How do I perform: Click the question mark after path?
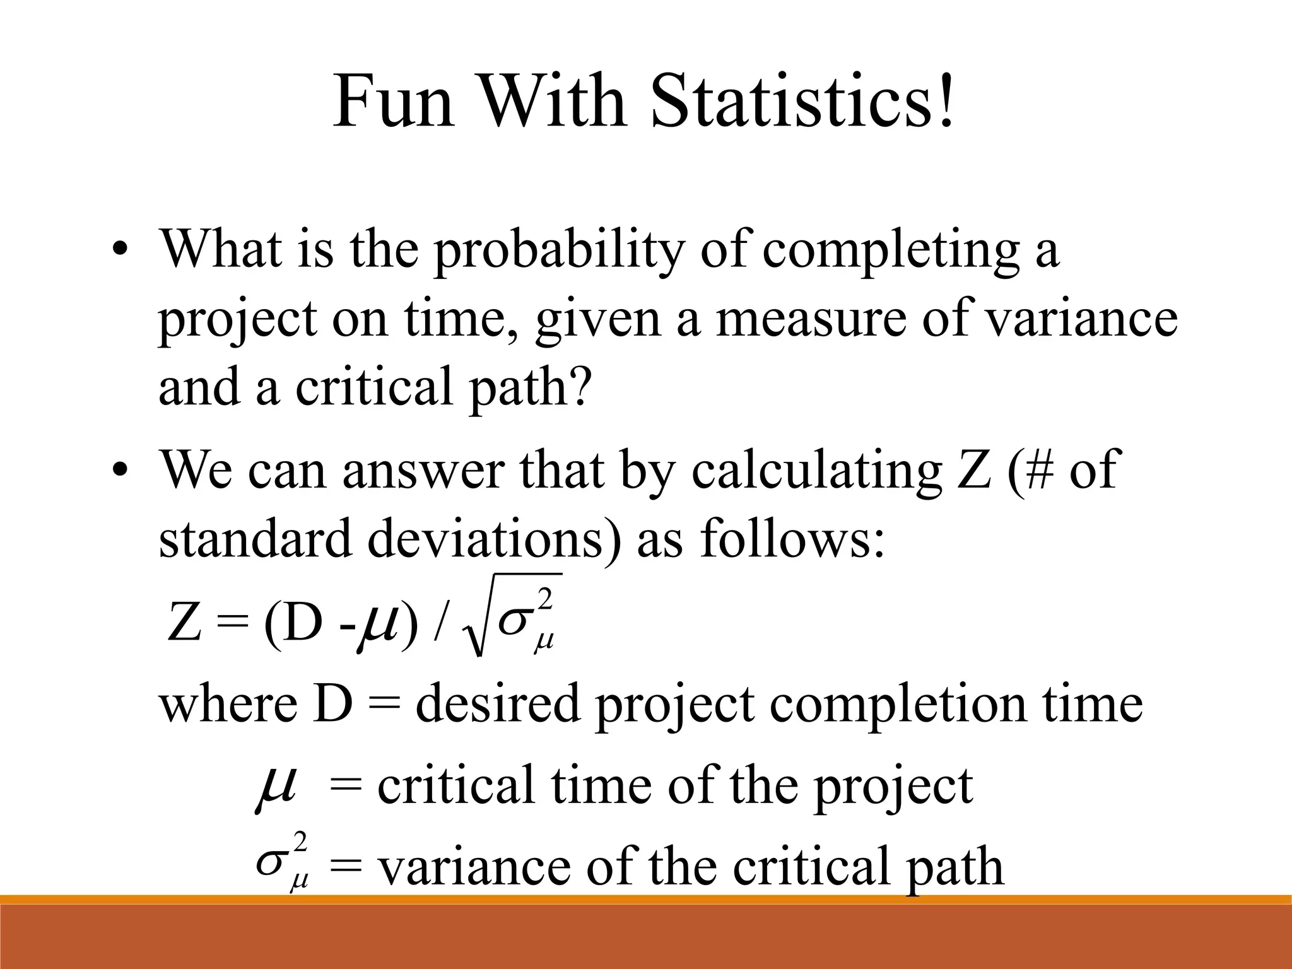[581, 386]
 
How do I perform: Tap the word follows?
[792, 540]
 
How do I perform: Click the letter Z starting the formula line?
[184, 622]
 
